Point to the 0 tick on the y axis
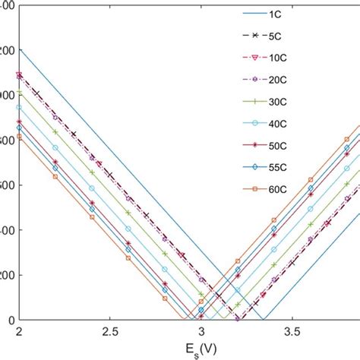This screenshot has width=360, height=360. point(8,320)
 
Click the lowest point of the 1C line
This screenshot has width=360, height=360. point(262,319)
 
